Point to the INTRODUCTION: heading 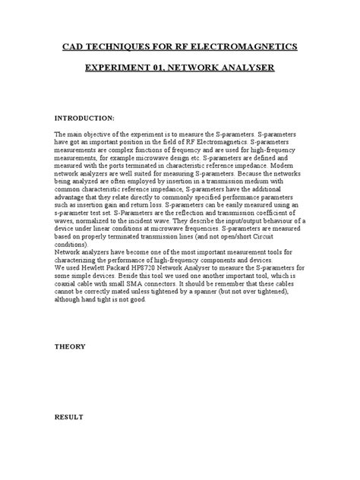[x=84, y=119]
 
